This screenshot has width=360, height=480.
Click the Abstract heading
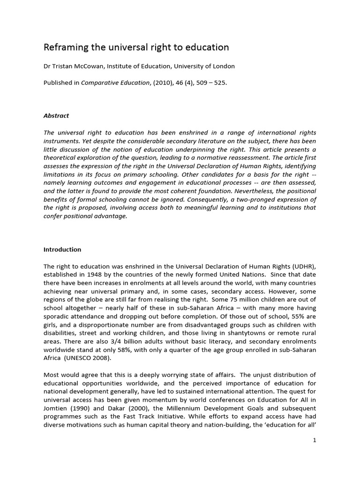[56, 116]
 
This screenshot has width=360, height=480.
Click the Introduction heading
[62, 249]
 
